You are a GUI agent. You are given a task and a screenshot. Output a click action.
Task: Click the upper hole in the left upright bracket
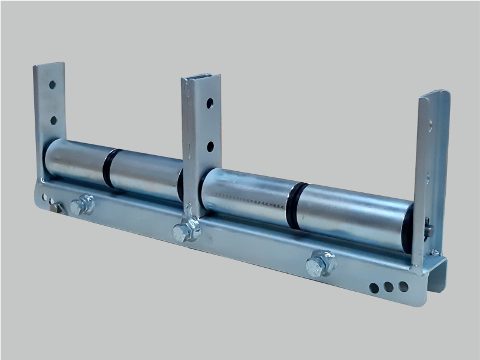point(52,84)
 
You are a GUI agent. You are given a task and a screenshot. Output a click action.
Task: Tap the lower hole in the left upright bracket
point(53,120)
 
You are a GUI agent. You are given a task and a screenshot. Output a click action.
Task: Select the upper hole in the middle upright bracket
point(210,103)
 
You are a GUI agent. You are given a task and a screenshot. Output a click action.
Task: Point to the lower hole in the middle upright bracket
point(210,146)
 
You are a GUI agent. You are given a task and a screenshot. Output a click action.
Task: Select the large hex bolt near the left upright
point(82,205)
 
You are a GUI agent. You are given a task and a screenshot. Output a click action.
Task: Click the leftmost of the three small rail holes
point(375,288)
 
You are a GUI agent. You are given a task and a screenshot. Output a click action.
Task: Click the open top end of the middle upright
point(201,78)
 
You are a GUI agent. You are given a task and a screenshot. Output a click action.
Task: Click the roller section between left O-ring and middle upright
point(147,176)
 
